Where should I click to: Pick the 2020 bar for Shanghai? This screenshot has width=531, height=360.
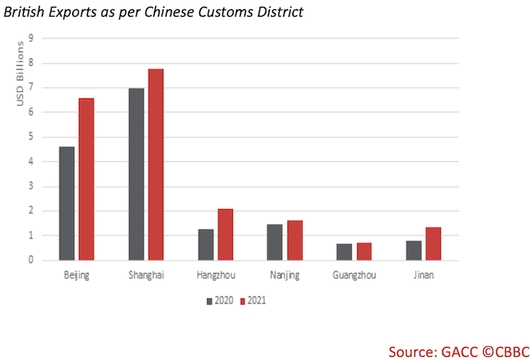click(x=137, y=174)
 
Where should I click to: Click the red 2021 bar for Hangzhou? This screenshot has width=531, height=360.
click(x=225, y=234)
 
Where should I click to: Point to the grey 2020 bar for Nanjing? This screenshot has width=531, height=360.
click(x=275, y=242)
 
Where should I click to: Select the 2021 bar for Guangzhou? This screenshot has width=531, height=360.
click(x=365, y=251)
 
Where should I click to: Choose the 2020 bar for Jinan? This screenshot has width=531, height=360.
click(x=414, y=250)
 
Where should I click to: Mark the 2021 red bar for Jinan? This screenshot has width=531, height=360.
click(x=433, y=243)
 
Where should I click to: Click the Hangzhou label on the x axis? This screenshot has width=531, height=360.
click(x=215, y=275)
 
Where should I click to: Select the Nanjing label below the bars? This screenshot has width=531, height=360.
click(x=284, y=275)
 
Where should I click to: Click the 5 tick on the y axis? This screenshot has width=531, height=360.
click(x=32, y=137)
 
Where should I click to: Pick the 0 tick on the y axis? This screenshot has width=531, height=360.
click(x=32, y=260)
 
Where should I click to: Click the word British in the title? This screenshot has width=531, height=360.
click(x=28, y=13)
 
